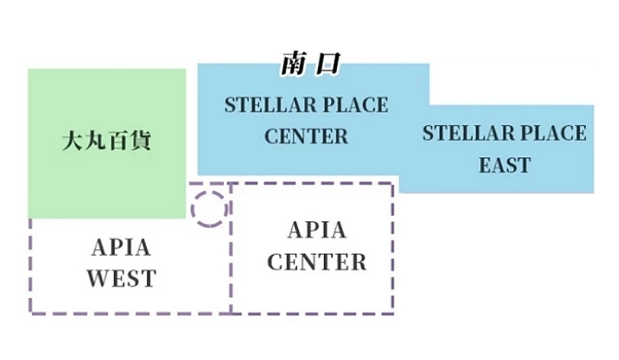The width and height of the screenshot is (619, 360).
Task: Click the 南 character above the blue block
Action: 294,65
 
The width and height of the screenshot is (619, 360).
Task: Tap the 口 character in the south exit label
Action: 327,65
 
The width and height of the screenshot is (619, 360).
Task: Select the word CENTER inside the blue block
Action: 306,135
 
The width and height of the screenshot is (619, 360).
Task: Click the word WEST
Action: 121,278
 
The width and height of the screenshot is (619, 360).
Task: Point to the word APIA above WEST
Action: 122,248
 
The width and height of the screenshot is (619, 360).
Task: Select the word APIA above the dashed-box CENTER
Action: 317,230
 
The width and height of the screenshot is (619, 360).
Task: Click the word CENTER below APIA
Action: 317,261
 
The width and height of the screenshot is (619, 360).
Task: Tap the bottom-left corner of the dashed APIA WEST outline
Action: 31,312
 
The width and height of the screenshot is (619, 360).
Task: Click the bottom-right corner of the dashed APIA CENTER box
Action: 392,312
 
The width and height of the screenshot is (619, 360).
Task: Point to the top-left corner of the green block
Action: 29,70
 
